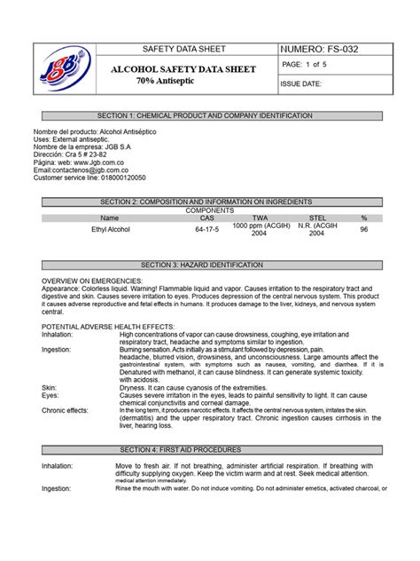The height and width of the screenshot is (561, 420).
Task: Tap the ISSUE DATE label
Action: (x=301, y=84)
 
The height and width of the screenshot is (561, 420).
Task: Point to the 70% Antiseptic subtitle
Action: (x=165, y=81)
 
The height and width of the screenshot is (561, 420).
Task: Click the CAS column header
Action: (x=206, y=217)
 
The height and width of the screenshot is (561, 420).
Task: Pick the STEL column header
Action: (x=316, y=217)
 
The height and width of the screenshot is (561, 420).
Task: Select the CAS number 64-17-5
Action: (x=206, y=229)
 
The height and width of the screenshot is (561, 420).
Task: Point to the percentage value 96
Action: (x=363, y=229)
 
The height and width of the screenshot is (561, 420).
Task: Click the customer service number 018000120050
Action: (x=131, y=178)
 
